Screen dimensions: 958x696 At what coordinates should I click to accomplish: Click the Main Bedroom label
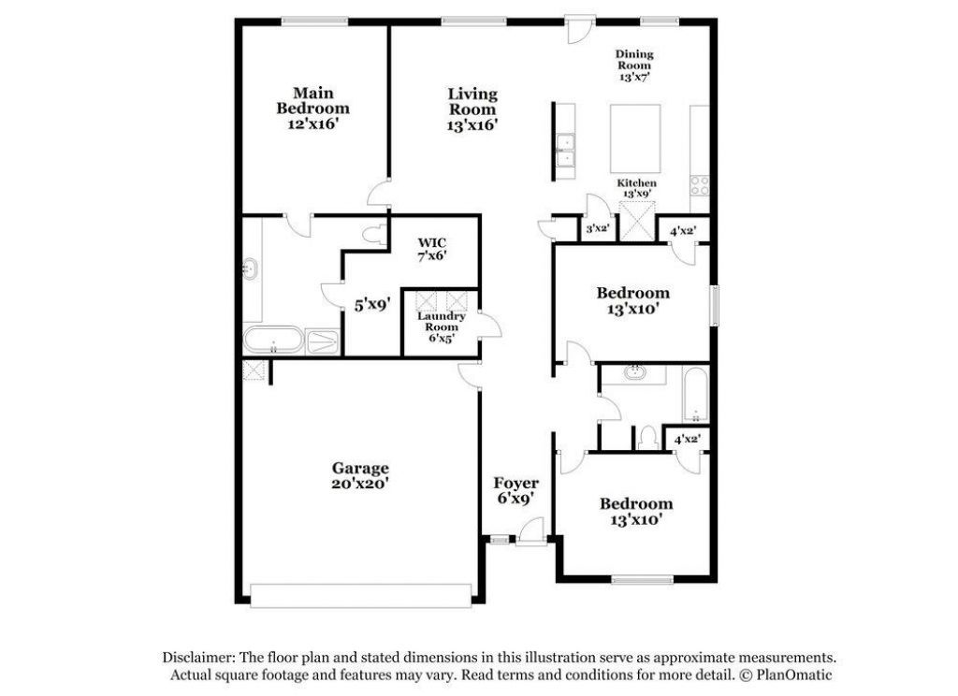coord(312,109)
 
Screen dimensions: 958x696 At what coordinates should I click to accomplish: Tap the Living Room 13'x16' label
coord(472,110)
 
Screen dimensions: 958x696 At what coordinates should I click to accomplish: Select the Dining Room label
coord(633,65)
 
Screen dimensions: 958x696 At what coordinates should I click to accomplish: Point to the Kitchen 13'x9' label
coord(636,188)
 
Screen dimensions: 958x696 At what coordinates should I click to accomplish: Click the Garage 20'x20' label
coord(360,476)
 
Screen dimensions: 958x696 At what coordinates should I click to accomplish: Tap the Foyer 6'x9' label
coord(516,491)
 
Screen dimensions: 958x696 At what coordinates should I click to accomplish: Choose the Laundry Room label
coord(442,322)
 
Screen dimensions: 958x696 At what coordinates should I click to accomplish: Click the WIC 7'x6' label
coord(432,250)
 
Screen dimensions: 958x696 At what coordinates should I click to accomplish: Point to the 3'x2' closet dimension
coord(598,229)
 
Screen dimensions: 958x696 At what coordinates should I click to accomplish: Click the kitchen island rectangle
coord(635,138)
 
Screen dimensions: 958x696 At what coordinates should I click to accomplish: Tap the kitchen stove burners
coord(700,186)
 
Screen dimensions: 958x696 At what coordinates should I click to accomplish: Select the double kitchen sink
coord(565,151)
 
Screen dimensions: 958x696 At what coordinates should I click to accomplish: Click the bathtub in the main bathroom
coord(273,341)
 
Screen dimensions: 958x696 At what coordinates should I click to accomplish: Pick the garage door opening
coord(361,595)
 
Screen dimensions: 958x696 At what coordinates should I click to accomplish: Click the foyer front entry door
coord(530,531)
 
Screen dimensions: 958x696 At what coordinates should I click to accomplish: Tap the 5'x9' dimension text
coord(372,304)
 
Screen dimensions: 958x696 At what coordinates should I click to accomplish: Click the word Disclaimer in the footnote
coord(198,658)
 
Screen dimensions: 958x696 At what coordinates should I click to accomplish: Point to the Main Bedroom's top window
coord(314,22)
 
